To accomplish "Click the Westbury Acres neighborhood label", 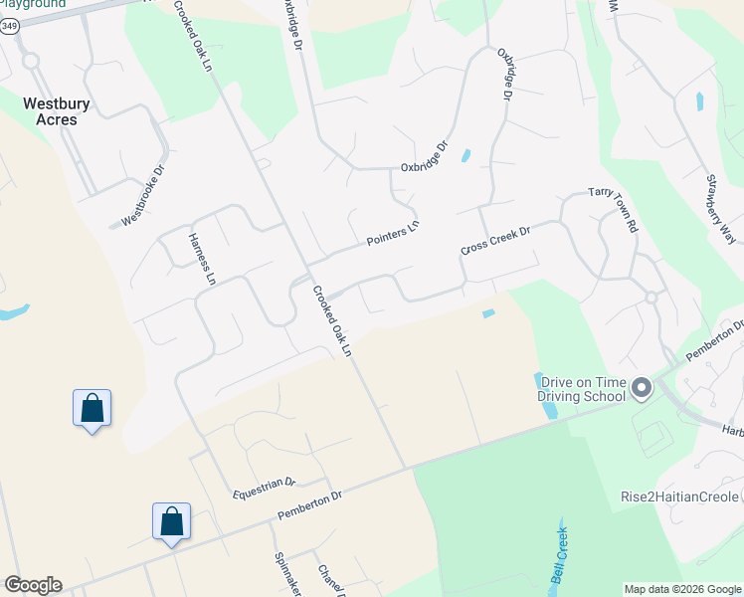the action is coord(51,109).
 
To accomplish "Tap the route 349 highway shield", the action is coord(8,27).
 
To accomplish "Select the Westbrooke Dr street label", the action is coord(141,196).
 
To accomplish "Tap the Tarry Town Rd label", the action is coord(613,208).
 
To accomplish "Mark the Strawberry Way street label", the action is coord(720,209).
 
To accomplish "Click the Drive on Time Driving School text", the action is coord(582,388).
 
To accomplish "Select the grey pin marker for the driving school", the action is coord(642,387).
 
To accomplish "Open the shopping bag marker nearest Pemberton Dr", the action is coord(171,521).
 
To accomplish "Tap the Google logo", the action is coord(33,585).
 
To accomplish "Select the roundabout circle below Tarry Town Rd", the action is coord(651,297).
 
